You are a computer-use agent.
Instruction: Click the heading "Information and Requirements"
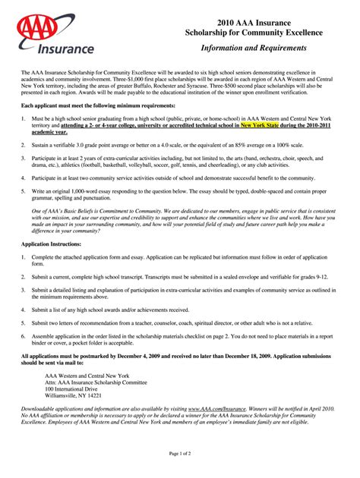tap(254, 48)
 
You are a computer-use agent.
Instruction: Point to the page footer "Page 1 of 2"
tap(180, 453)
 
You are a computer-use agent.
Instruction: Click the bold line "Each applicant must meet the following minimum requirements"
tap(99, 105)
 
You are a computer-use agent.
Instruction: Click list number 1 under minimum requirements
tap(24, 118)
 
